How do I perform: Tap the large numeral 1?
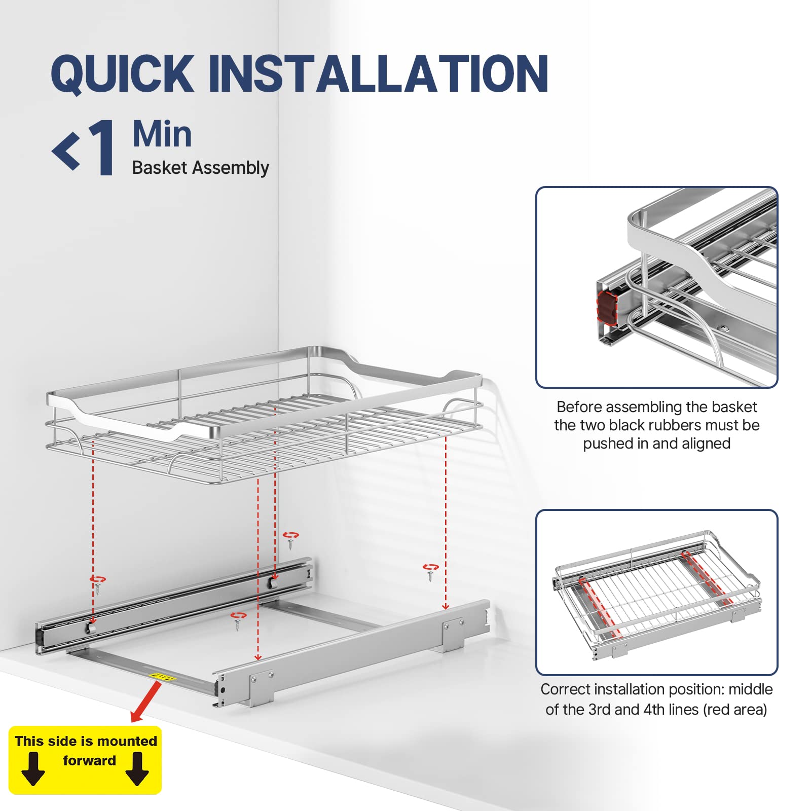pyautogui.click(x=102, y=148)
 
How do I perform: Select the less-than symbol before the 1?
pyautogui.click(x=66, y=151)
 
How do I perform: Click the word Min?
pyautogui.click(x=162, y=134)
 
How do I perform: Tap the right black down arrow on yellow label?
pyautogui.click(x=137, y=768)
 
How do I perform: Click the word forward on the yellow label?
pyautogui.click(x=90, y=761)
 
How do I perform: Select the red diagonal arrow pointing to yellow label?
pyautogui.click(x=146, y=702)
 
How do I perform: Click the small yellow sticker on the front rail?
pyautogui.click(x=163, y=677)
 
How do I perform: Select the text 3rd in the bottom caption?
pyautogui.click(x=600, y=710)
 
